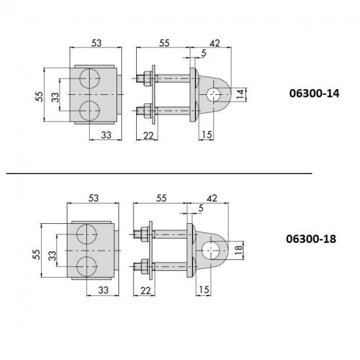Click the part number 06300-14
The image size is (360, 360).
[314, 94]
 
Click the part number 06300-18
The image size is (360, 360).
[311, 239]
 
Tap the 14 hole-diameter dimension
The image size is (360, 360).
[240, 94]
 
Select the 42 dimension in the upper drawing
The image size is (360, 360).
[215, 43]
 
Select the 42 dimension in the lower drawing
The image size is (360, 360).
[212, 198]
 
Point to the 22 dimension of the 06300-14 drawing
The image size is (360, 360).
[149, 135]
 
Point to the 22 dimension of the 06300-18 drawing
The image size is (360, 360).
[145, 291]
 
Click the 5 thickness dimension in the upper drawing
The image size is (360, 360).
[204, 53]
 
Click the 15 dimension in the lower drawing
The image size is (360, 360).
[204, 290]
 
